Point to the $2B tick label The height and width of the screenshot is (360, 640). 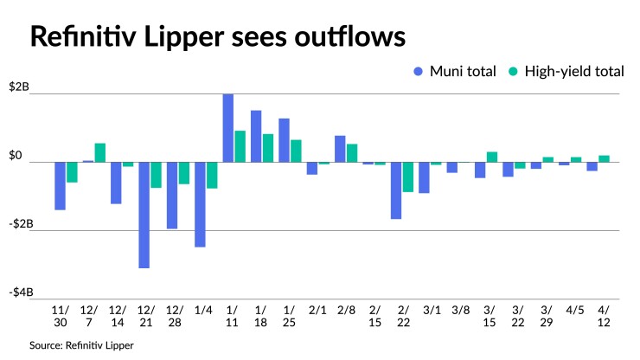20,88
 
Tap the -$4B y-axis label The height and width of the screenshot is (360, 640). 20,292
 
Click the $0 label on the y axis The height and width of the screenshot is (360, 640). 16,156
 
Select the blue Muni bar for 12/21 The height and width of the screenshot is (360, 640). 144,215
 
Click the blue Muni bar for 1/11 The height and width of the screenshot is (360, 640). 228,128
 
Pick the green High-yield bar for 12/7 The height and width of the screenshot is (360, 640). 99,152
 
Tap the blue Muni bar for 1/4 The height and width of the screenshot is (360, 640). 200,204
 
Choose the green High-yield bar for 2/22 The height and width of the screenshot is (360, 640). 407,177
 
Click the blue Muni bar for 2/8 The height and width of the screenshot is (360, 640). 340,149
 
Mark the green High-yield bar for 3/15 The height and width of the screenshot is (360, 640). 491,157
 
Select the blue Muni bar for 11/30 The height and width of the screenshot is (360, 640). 61,185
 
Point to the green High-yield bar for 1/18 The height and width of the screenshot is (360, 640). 267,148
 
